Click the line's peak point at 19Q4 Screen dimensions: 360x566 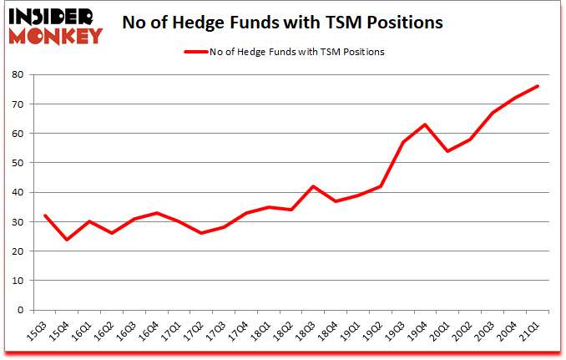click(x=426, y=124)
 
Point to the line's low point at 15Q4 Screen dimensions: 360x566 click(x=67, y=240)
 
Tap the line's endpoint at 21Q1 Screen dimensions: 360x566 click(x=538, y=86)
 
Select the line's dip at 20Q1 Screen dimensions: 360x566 click(x=448, y=151)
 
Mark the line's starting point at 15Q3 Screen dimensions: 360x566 click(x=44, y=215)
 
